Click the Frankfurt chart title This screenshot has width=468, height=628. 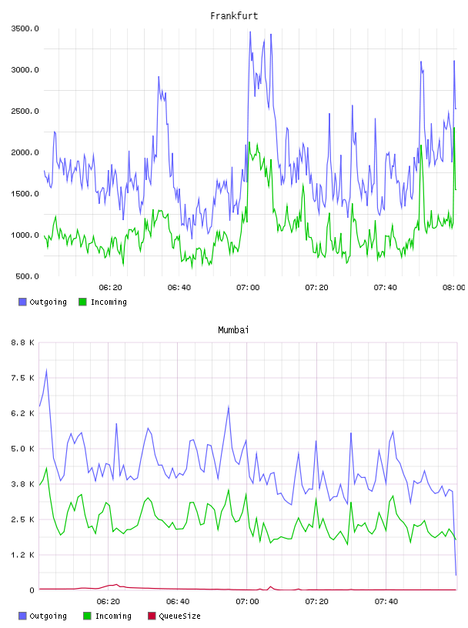(234, 16)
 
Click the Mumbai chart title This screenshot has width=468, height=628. (233, 330)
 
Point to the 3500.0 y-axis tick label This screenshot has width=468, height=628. (25, 28)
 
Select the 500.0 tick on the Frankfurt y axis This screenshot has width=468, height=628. (27, 276)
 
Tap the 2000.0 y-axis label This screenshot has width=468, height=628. (25, 152)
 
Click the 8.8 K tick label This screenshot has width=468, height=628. (23, 342)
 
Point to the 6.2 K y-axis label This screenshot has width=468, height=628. (23, 413)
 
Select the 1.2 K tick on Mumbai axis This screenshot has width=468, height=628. (23, 555)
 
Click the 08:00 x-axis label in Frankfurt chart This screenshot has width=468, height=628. (454, 288)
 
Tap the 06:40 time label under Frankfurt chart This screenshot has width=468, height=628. (179, 288)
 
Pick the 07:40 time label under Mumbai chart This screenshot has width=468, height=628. (386, 602)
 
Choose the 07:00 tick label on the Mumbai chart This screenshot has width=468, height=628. (247, 602)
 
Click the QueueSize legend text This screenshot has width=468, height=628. (179, 616)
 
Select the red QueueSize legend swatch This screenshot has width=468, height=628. (152, 616)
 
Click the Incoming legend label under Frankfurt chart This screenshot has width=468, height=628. (109, 302)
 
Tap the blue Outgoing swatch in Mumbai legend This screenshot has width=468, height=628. (22, 616)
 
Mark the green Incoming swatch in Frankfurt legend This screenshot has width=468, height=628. (82, 302)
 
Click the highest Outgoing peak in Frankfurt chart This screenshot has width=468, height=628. (250, 32)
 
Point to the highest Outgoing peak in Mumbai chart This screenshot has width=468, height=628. (46, 369)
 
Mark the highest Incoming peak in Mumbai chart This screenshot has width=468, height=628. (46, 467)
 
